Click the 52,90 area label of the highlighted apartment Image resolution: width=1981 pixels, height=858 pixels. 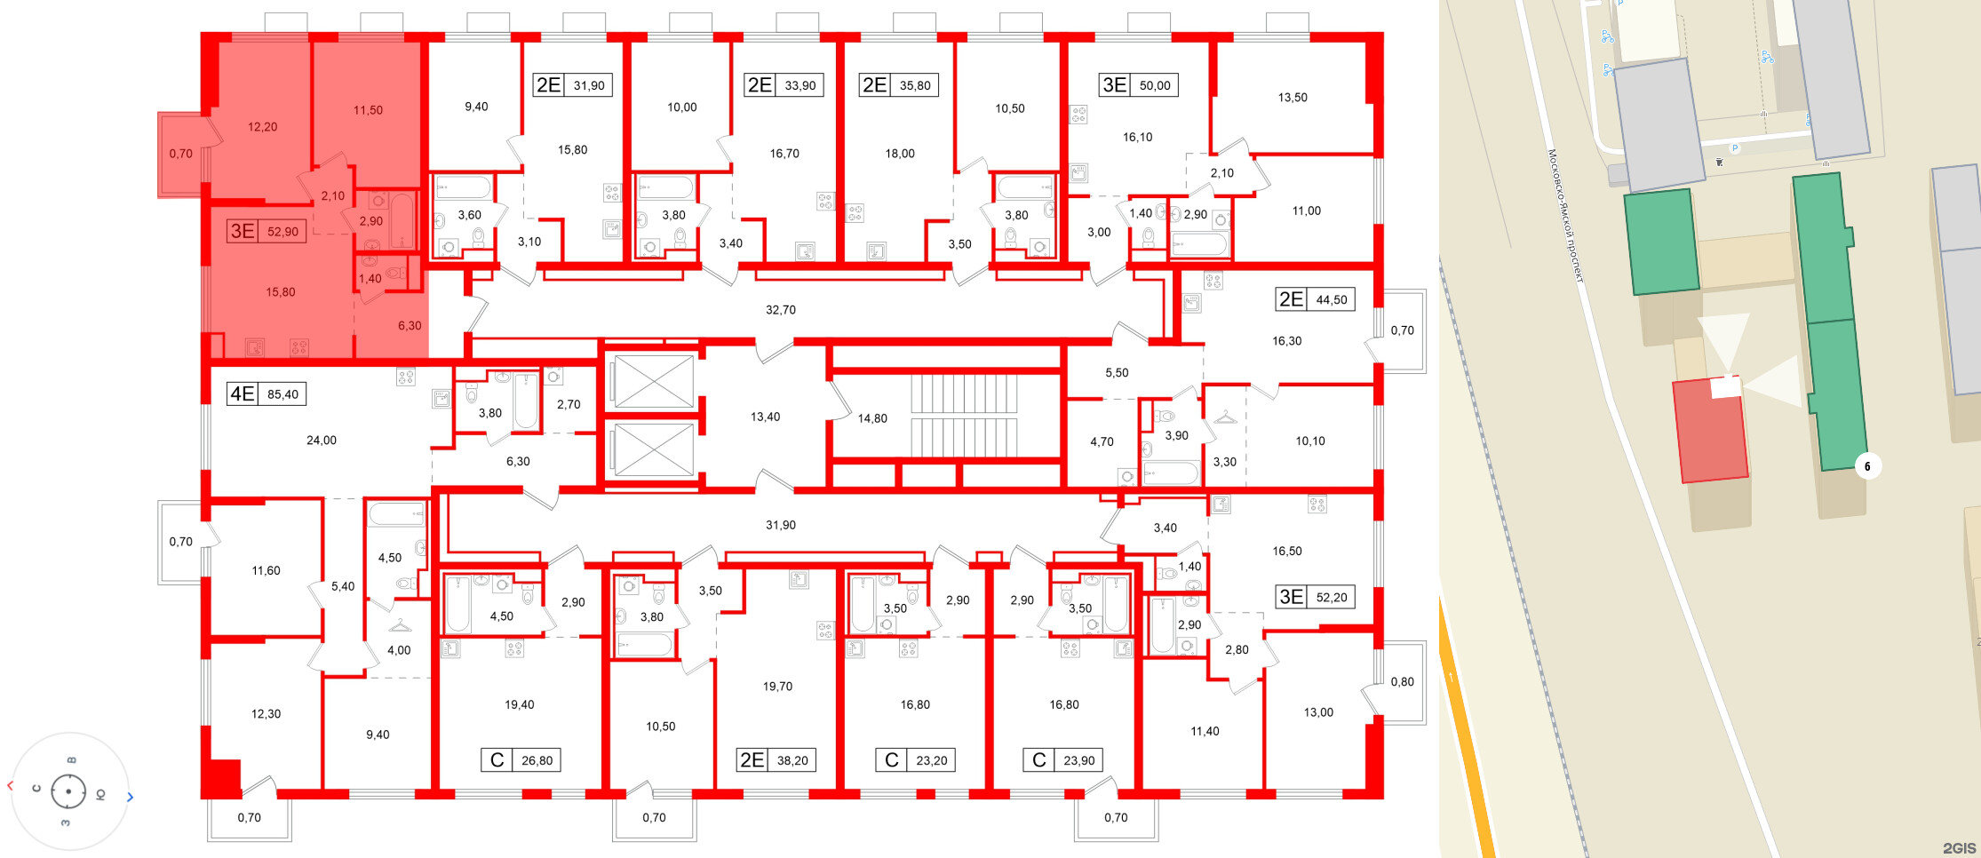(x=282, y=232)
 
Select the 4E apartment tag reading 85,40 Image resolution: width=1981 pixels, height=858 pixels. (x=267, y=393)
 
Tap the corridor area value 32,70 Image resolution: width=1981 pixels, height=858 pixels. (x=781, y=310)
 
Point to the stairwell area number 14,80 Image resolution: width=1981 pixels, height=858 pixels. (x=872, y=418)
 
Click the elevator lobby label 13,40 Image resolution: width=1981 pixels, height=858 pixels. (x=765, y=417)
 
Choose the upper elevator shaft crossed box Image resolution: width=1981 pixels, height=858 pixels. (x=653, y=382)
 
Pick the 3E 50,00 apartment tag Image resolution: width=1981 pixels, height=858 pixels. (x=1138, y=85)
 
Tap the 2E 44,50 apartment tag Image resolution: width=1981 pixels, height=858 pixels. (x=1314, y=299)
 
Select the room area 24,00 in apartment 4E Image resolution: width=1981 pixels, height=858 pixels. (x=322, y=441)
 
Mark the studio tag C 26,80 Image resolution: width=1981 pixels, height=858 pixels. (x=521, y=760)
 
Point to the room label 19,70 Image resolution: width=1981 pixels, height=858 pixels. (x=777, y=687)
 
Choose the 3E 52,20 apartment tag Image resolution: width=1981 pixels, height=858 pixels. (x=1314, y=597)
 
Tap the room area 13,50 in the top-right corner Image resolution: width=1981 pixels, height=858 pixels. (x=1293, y=98)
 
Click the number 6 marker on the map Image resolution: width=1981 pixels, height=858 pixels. (x=1867, y=466)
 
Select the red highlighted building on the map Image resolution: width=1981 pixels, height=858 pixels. (x=1710, y=431)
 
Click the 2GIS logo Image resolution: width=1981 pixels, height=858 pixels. (x=1959, y=848)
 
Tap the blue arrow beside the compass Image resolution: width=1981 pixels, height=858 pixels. (x=130, y=798)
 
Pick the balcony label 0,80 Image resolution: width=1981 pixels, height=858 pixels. (x=1402, y=682)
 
